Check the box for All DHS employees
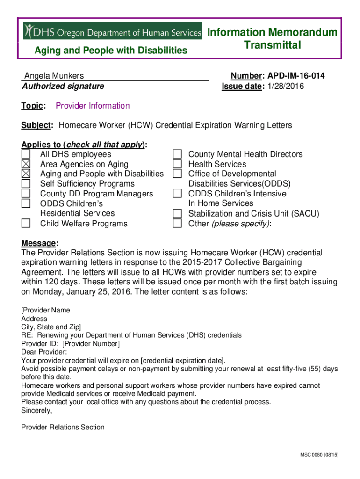pyautogui.click(x=26, y=154)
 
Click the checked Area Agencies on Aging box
pyautogui.click(x=26, y=164)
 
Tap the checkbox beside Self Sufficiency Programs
pyautogui.click(x=26, y=184)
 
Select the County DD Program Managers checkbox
pyautogui.click(x=26, y=194)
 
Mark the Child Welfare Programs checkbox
pyautogui.click(x=26, y=223)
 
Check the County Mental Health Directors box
pyautogui.click(x=177, y=154)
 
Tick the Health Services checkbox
pyautogui.click(x=177, y=164)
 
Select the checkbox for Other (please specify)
pyautogui.click(x=177, y=223)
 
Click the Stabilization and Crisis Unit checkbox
pyautogui.click(x=177, y=213)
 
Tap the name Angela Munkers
pyautogui.click(x=54, y=76)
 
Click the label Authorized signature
pyautogui.click(x=63, y=86)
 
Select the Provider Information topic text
pyautogui.click(x=93, y=106)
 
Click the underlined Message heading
pyautogui.click(x=39, y=243)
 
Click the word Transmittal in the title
pyautogui.click(x=272, y=45)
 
